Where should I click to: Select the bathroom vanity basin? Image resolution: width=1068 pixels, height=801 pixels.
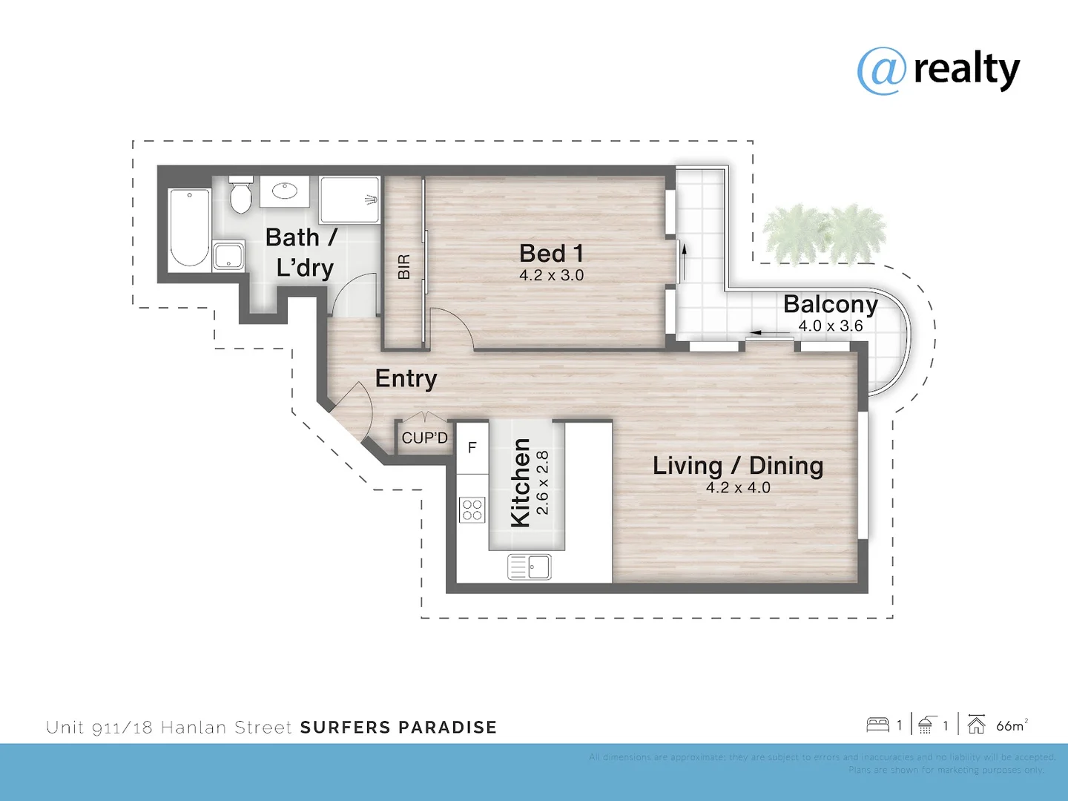tap(285, 191)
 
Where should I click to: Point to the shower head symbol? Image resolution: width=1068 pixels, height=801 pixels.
tap(371, 200)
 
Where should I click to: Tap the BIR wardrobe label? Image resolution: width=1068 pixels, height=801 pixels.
tap(403, 267)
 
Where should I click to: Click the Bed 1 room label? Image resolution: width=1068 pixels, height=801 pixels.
tap(551, 254)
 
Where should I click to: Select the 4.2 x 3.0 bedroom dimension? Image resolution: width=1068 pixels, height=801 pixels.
tap(551, 275)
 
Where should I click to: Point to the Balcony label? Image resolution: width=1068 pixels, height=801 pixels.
tap(830, 304)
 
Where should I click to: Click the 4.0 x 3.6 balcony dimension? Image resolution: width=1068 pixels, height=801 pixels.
tap(830, 326)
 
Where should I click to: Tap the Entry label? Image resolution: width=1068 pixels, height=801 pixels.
tap(406, 378)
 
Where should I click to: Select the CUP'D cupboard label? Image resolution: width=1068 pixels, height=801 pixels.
tap(424, 438)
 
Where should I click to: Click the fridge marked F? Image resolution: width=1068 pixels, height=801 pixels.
tap(472, 448)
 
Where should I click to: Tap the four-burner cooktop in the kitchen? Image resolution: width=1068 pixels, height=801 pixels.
tap(472, 510)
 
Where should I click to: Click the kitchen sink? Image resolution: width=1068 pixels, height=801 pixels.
tap(530, 567)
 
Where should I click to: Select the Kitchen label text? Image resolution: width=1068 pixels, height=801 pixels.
tap(521, 483)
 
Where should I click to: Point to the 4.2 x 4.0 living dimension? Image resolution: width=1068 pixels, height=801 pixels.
tap(737, 487)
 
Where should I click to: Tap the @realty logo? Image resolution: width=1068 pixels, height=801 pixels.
tap(938, 70)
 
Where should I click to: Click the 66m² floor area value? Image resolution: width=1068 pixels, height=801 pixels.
tap(1011, 725)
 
